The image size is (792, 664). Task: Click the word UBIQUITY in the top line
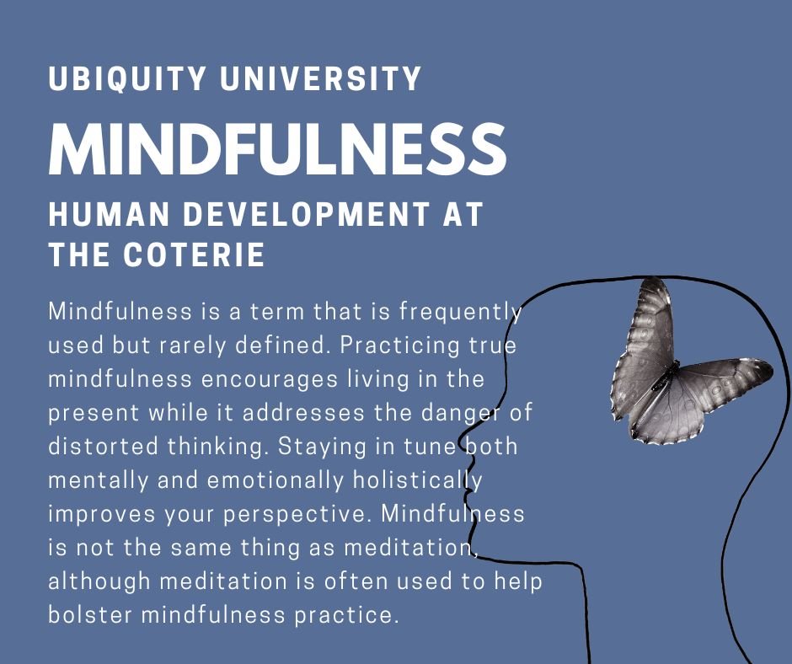coord(127,78)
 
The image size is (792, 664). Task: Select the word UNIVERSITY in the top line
coord(321,78)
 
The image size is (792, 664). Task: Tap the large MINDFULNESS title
coord(277,148)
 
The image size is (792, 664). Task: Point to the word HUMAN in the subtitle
coord(109,214)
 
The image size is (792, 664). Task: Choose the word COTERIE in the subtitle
coord(194,254)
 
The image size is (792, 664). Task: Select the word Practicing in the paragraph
coord(399,346)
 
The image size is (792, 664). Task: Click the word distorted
coord(103,447)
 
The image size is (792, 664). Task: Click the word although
coord(99,582)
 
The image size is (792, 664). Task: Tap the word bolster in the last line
coord(90,615)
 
